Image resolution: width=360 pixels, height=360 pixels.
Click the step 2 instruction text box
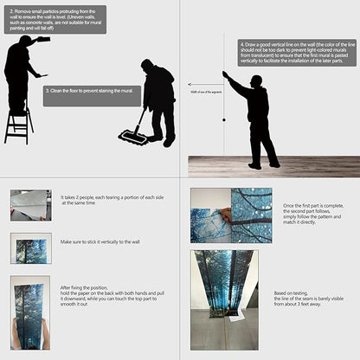56,19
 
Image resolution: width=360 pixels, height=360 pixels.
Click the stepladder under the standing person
17,122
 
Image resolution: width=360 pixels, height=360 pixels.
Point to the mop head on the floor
132,137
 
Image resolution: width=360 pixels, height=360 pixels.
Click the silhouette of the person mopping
158,100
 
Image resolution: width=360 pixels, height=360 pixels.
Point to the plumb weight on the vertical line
224,119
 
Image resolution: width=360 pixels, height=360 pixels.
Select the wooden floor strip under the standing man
273,166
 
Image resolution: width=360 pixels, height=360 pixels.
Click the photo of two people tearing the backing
31,205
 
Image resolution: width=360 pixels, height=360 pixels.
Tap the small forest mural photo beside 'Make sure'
31,248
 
